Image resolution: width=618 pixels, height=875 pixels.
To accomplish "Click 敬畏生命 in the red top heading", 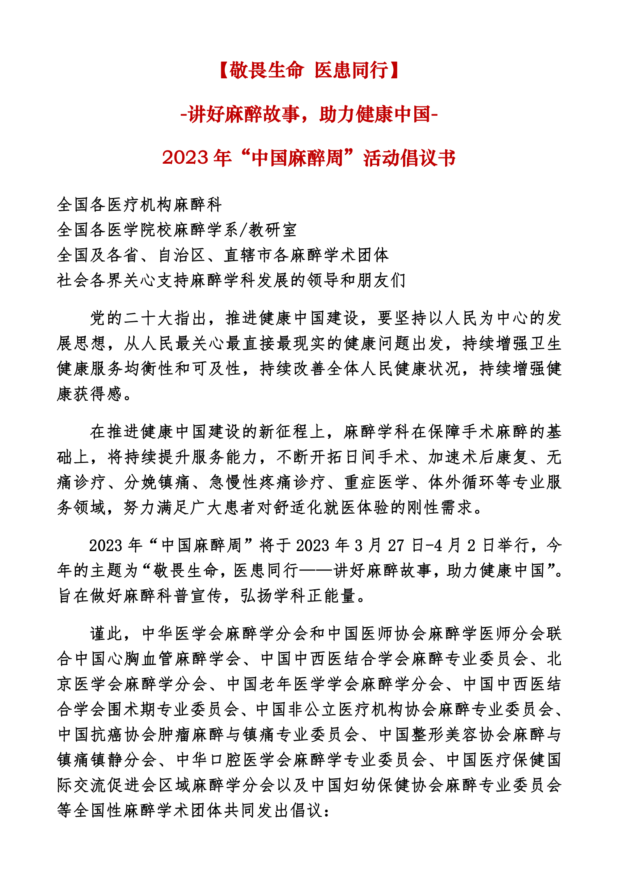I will pyautogui.click(x=266, y=71).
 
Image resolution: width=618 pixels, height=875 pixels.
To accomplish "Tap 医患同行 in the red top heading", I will pyautogui.click(x=352, y=71).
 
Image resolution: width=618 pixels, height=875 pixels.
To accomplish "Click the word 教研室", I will pyautogui.click(x=273, y=230).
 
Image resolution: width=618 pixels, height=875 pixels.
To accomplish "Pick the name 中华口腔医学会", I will pyautogui.click(x=234, y=760).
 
